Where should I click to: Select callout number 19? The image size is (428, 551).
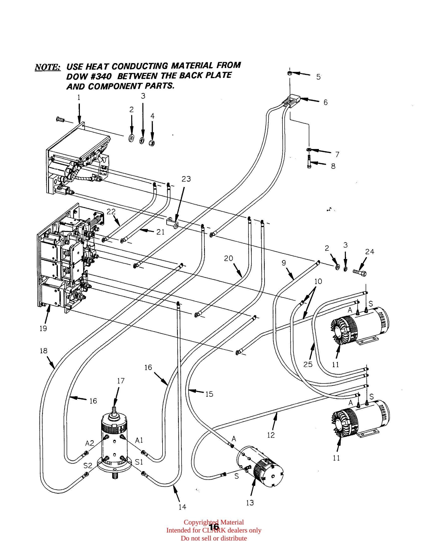43,329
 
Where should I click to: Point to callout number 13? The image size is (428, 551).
250,503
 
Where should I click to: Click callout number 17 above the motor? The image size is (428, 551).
121,381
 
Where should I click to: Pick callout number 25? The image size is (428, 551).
308,364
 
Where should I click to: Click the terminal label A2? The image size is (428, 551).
90,443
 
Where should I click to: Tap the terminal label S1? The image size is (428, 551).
139,462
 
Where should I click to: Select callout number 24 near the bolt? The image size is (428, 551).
370,251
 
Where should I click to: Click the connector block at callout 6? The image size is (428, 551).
293,101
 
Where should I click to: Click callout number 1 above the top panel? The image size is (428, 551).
79,97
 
